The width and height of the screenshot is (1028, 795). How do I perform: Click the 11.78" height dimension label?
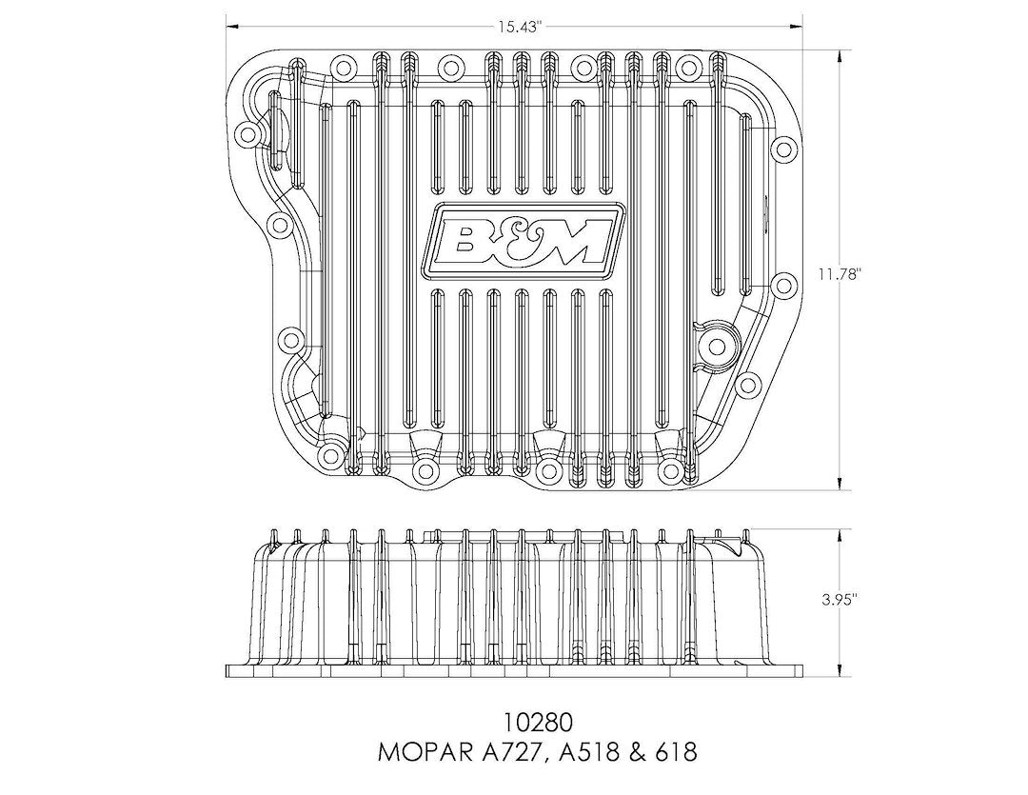838,274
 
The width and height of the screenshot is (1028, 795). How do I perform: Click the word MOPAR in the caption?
424,752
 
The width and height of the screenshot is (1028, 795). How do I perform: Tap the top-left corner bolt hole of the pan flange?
247,135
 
